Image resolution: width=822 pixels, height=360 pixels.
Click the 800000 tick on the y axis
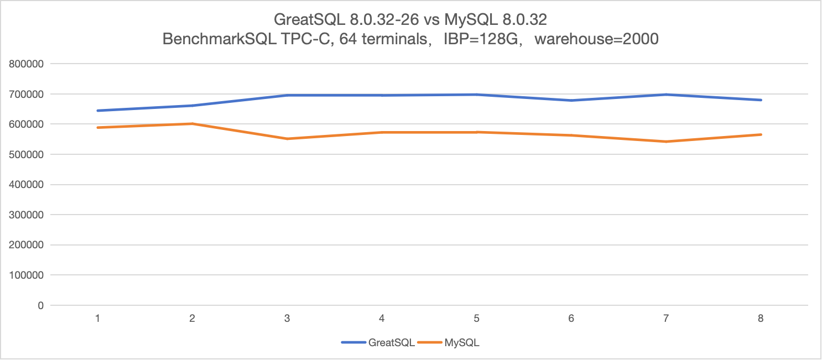click(x=27, y=64)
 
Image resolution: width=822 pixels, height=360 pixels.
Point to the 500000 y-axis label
click(x=27, y=154)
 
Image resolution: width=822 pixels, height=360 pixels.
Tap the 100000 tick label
click(x=27, y=275)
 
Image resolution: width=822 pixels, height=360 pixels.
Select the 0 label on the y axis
click(x=40, y=305)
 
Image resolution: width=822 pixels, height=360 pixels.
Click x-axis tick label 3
click(x=287, y=319)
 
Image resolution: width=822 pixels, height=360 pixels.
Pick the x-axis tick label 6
click(x=571, y=319)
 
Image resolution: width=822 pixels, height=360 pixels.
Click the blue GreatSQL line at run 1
click(x=98, y=111)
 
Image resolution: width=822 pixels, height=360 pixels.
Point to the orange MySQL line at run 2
click(x=193, y=124)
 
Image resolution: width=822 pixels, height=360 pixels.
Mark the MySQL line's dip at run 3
click(x=287, y=139)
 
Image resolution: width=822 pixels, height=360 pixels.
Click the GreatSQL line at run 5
click(x=476, y=95)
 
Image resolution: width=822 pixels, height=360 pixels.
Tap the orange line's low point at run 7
click(x=666, y=142)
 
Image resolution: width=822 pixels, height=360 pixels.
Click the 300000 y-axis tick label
click(x=27, y=215)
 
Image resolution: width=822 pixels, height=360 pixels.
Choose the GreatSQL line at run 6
click(x=571, y=100)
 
